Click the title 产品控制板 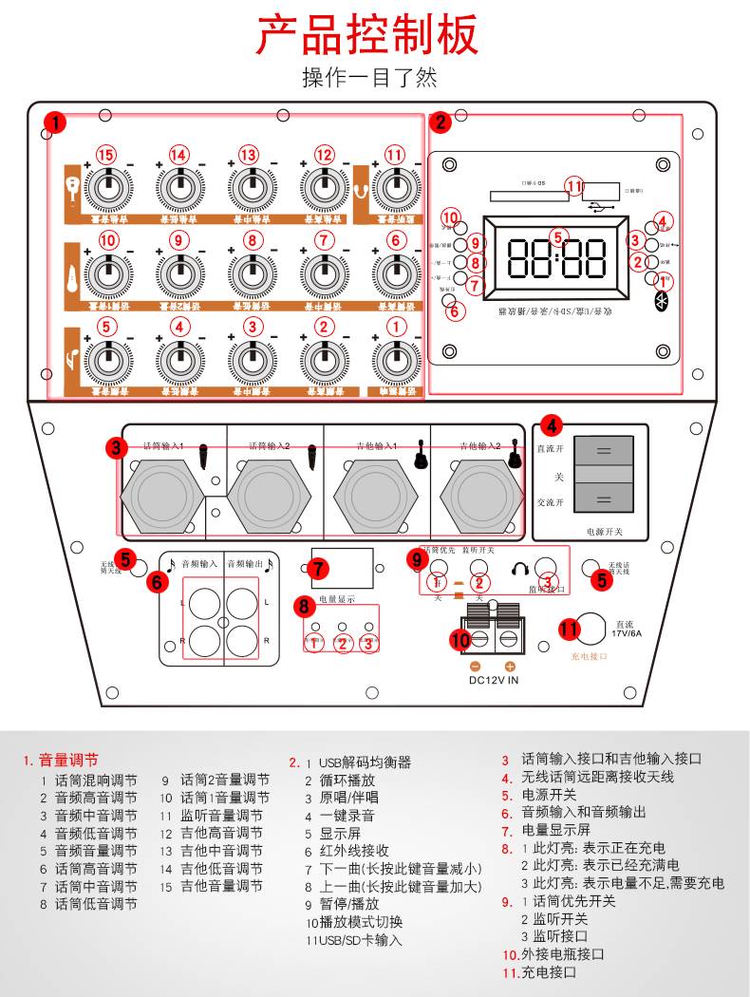click(x=368, y=36)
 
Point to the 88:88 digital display click(x=557, y=258)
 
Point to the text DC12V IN click(x=494, y=680)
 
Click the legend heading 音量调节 click(x=67, y=761)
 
